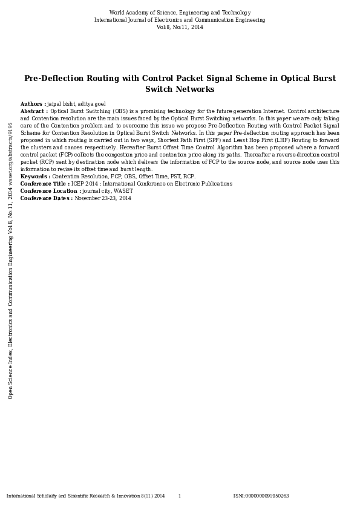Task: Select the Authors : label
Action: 33,104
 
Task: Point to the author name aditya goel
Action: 91,104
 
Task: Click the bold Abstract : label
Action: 34,111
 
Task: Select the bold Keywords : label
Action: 35,177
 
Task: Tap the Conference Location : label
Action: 50,191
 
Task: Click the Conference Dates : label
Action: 47,198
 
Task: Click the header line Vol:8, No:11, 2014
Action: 180,27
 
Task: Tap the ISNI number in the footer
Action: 261,496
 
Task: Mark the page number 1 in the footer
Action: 179,496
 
